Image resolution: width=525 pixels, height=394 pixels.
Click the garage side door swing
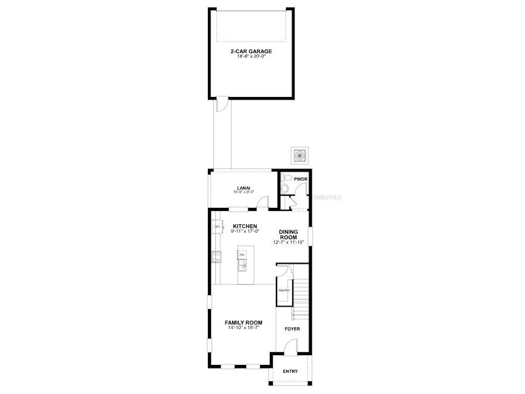222,104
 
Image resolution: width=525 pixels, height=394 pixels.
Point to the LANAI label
243,187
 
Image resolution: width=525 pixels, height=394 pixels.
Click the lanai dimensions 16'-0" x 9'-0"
243,192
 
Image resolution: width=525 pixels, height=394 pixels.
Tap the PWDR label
301,179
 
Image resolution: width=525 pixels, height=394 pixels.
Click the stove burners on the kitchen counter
215,256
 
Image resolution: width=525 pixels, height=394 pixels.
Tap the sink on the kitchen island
241,265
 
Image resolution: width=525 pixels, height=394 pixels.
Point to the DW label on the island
241,255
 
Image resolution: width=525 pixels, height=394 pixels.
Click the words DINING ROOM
288,235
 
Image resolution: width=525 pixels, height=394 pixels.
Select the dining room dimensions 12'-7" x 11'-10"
288,242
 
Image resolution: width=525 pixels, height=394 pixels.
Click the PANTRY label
284,290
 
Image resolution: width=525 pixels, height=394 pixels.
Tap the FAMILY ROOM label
243,322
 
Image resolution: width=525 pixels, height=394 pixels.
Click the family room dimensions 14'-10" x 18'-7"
243,327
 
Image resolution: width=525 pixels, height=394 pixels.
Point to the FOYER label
292,329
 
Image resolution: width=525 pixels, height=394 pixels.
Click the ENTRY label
290,371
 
